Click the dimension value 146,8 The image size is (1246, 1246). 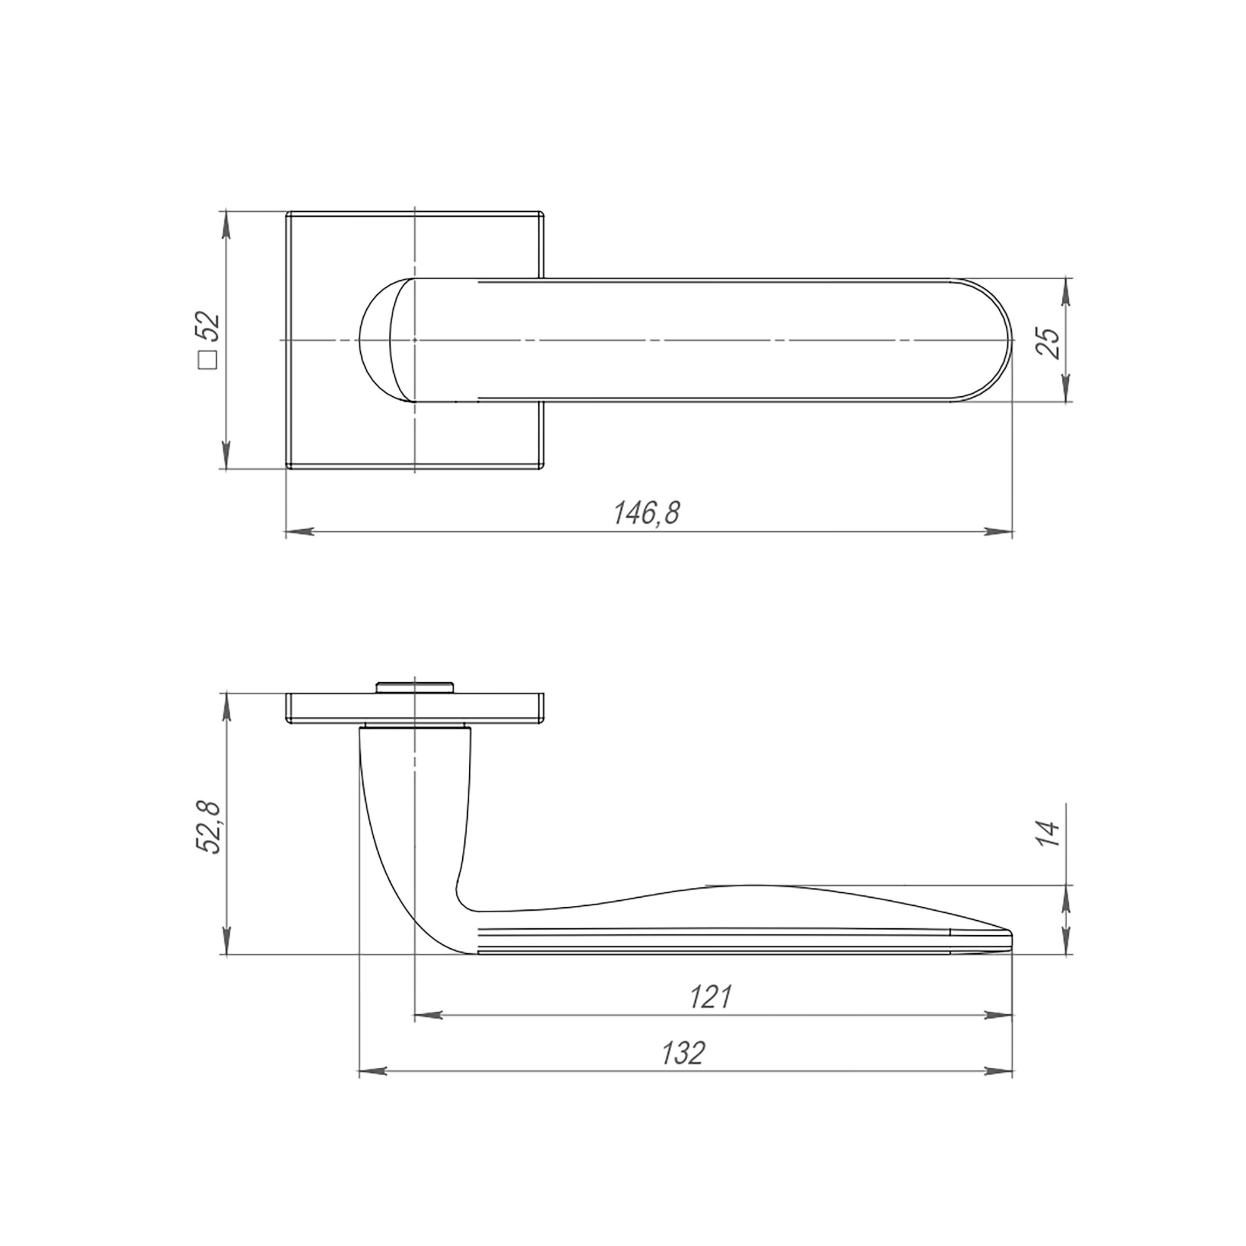click(x=646, y=513)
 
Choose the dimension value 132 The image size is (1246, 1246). click(x=683, y=1053)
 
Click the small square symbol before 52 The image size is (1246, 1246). click(x=208, y=360)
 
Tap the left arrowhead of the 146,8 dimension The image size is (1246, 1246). click(x=300, y=532)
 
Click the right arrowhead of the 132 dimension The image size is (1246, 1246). click(x=997, y=1071)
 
